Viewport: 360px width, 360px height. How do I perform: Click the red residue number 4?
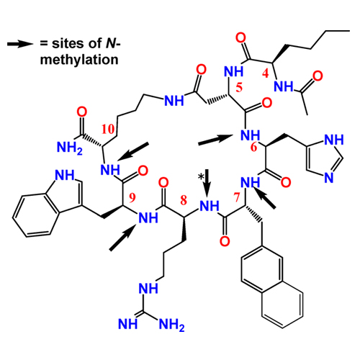pyautogui.click(x=265, y=73)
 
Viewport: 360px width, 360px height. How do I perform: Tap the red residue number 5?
pyautogui.click(x=239, y=87)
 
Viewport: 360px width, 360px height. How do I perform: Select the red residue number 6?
pyautogui.click(x=253, y=147)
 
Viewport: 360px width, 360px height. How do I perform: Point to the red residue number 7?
pyautogui.click(x=237, y=197)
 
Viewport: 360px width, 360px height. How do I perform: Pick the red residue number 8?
pyautogui.click(x=184, y=200)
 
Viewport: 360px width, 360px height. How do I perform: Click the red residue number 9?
pyautogui.click(x=132, y=197)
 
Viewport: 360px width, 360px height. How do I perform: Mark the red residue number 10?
pyautogui.click(x=108, y=129)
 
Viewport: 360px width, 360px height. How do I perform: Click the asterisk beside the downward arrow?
pyautogui.click(x=201, y=177)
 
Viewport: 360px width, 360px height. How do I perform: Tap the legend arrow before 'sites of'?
pyautogui.click(x=20, y=44)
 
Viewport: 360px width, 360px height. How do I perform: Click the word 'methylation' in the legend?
pyautogui.click(x=79, y=60)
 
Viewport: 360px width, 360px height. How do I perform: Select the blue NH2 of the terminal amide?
pyautogui.click(x=70, y=148)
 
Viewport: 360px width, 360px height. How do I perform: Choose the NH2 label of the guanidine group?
pyautogui.click(x=172, y=325)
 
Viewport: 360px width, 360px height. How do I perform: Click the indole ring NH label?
pyautogui.click(x=65, y=175)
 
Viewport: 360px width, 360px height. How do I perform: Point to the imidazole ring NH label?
pyautogui.click(x=334, y=140)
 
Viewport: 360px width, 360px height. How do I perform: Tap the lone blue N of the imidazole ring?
pyautogui.click(x=328, y=178)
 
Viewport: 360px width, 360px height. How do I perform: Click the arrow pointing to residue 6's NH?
pyautogui.click(x=215, y=140)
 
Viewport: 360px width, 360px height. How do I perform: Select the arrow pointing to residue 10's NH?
pyautogui.click(x=132, y=152)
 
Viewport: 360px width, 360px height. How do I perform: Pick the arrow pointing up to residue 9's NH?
pyautogui.click(x=123, y=237)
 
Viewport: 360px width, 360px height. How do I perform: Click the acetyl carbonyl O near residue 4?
pyautogui.click(x=318, y=76)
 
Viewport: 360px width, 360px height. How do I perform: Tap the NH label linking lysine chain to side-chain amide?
pyautogui.click(x=174, y=101)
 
